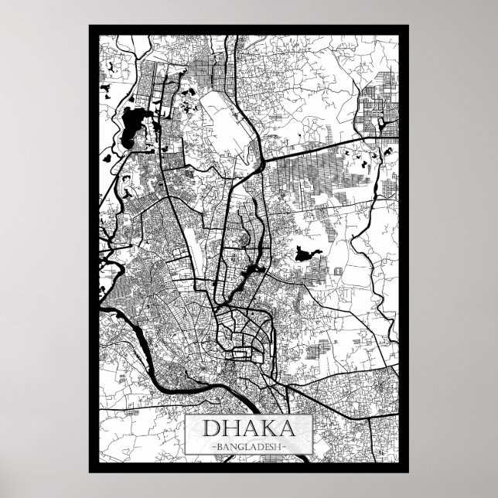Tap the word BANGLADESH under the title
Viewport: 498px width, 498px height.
(249, 447)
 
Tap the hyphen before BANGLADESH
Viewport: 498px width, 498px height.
(213, 447)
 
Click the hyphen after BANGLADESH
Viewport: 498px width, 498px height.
(285, 447)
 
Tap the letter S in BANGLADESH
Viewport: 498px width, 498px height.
(271, 447)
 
